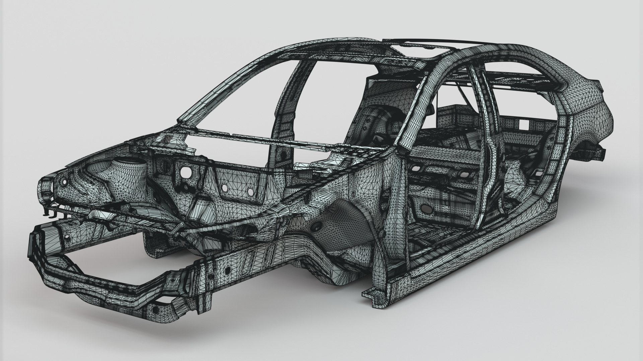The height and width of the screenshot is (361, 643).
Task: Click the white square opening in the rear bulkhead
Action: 523,124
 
